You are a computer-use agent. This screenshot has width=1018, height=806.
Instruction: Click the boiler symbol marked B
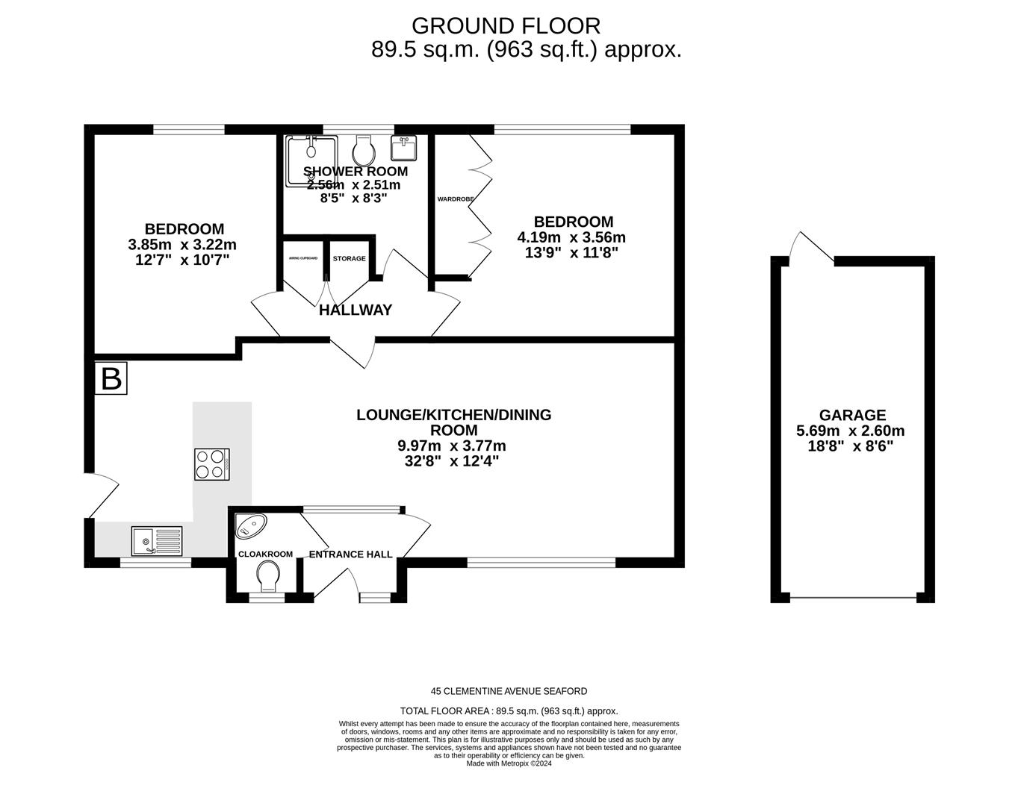[x=111, y=378]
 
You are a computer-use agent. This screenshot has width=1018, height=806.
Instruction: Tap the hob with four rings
[x=211, y=463]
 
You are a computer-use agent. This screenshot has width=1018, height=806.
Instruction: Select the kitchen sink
[x=156, y=541]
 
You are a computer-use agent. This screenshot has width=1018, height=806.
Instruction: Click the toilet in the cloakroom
[x=267, y=575]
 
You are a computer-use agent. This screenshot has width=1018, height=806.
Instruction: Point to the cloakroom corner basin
[x=249, y=526]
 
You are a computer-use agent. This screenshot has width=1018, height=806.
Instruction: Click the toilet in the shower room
[x=364, y=151]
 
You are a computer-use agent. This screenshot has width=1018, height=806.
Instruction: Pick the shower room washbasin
[x=403, y=148]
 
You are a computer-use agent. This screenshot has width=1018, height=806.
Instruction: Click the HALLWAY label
[x=355, y=310]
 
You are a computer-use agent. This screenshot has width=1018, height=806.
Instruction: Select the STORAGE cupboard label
[x=349, y=259]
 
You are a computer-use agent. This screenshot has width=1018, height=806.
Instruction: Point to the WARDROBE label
[x=450, y=199]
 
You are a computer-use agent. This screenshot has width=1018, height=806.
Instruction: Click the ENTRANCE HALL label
[x=350, y=554]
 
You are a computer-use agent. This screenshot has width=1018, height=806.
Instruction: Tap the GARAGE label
[x=852, y=415]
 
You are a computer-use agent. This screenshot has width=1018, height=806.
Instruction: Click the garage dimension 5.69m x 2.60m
[x=850, y=431]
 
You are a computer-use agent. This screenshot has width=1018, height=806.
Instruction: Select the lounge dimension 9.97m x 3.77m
[x=452, y=446]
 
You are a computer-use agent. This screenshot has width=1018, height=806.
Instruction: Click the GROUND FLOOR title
[x=506, y=26]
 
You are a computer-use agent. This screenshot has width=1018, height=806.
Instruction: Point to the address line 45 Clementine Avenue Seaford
[x=509, y=691]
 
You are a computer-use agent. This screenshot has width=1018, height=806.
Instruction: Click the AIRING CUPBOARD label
[x=303, y=258]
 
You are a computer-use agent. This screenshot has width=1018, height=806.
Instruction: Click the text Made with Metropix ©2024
[x=509, y=763]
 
